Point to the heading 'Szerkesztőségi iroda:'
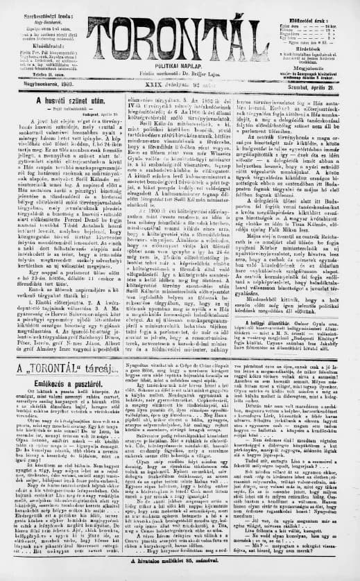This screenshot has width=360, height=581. [33, 9]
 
